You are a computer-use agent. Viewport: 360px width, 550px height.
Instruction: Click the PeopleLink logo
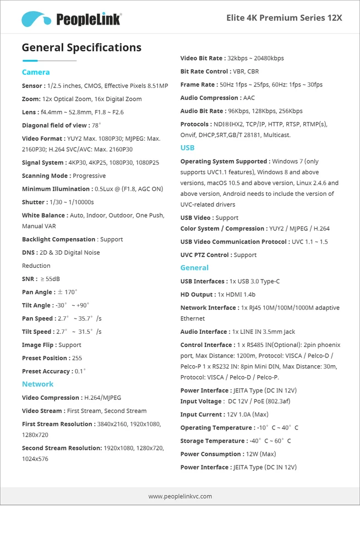(x=71, y=19)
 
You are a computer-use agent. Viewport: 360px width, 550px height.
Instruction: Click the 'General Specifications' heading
(x=81, y=47)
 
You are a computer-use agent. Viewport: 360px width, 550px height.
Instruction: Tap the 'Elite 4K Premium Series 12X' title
(x=284, y=18)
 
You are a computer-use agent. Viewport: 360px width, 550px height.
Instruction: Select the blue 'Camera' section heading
(x=36, y=72)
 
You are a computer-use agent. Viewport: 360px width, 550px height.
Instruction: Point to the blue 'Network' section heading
(x=37, y=384)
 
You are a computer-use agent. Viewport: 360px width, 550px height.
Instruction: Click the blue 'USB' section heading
(x=187, y=147)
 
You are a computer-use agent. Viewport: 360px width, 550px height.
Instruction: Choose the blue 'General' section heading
(x=194, y=267)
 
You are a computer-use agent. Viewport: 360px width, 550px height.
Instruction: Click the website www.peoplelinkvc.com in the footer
(x=180, y=496)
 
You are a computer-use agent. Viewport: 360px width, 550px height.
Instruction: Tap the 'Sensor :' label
(x=34, y=86)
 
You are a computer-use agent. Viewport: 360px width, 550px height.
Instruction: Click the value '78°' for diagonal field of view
(x=96, y=125)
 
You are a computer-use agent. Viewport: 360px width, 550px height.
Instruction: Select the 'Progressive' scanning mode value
(x=89, y=176)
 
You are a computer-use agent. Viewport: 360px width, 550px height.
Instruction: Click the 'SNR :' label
(x=30, y=279)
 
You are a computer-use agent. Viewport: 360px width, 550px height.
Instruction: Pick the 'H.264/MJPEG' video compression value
(x=102, y=398)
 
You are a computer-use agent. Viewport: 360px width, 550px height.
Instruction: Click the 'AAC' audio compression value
(x=249, y=98)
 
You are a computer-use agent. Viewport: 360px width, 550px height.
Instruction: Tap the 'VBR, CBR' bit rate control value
(x=246, y=71)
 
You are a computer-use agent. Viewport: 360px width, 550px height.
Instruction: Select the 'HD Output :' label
(x=198, y=294)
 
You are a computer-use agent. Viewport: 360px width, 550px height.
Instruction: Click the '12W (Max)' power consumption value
(x=260, y=454)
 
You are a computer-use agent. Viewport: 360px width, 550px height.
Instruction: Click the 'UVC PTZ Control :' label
(x=206, y=255)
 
